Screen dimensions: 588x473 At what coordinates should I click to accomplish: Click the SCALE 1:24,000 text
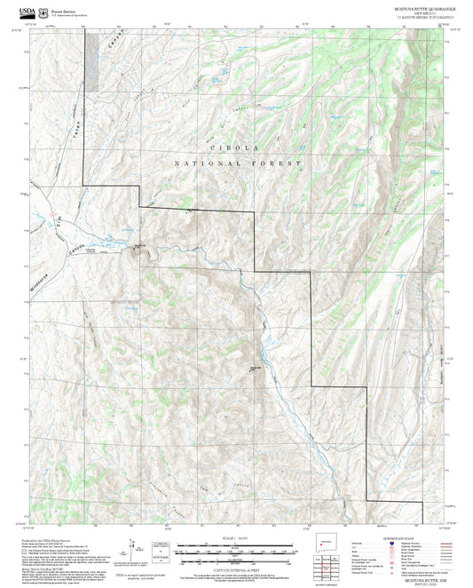[x=236, y=538]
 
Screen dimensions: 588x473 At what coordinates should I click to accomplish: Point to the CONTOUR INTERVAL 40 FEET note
[x=237, y=568]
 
